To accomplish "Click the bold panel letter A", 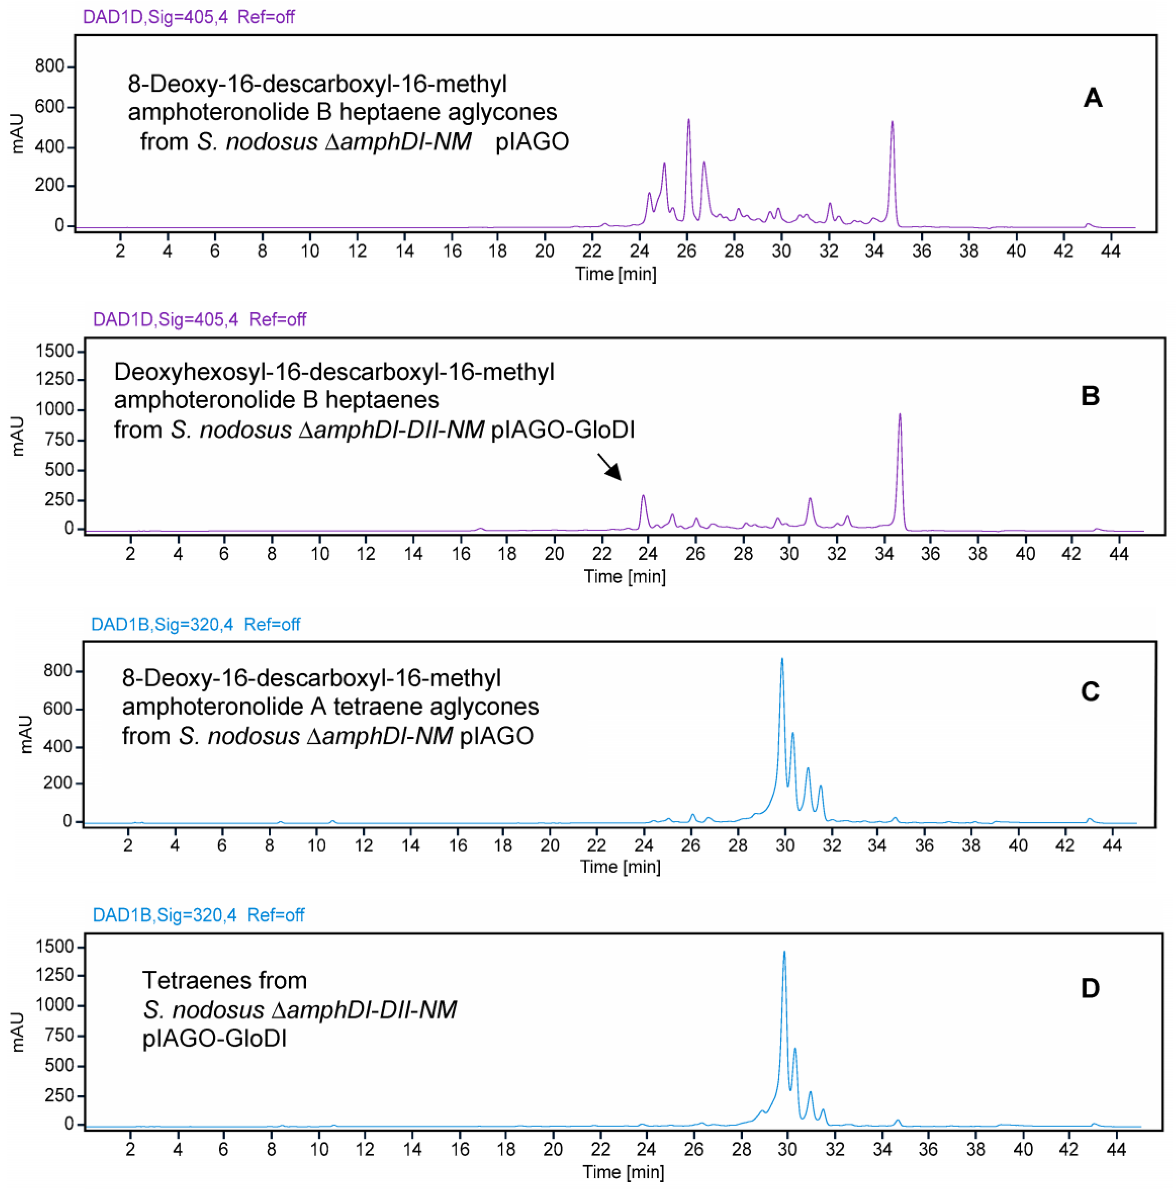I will [x=1093, y=98].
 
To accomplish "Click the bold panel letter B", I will [x=1090, y=396].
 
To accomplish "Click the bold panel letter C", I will [x=1090, y=692].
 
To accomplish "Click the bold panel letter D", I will [x=1090, y=989].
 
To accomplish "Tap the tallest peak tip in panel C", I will [x=782, y=660].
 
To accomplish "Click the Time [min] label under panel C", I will [x=620, y=867].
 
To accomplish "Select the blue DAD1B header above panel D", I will [x=198, y=915].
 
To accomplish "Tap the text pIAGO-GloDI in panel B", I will [x=563, y=430].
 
